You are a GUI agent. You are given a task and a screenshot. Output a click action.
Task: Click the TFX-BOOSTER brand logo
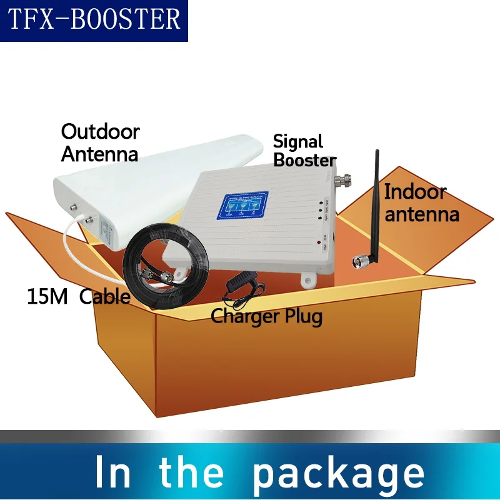click(x=94, y=20)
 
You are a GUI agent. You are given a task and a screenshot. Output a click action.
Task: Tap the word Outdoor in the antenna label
click(x=100, y=132)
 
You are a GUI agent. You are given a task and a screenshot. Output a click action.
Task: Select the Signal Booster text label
click(x=304, y=151)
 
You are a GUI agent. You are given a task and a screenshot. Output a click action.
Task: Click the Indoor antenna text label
click(x=421, y=202)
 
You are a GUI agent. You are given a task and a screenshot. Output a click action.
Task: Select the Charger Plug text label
click(x=266, y=316)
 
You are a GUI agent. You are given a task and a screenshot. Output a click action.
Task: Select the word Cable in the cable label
click(x=104, y=296)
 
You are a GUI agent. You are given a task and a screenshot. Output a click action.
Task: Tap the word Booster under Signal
click(x=305, y=160)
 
